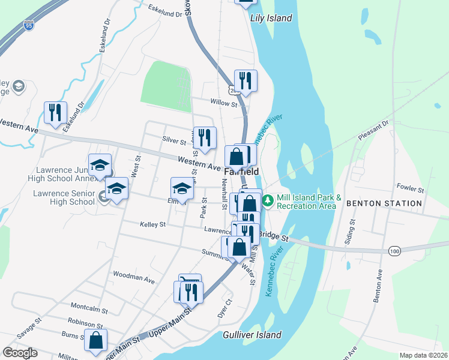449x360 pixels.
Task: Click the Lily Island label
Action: [271, 19]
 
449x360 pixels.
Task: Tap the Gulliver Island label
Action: [252, 335]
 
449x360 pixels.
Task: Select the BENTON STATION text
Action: [384, 203]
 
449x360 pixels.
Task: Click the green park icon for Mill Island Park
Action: [268, 199]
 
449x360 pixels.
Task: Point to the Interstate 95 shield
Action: [29, 25]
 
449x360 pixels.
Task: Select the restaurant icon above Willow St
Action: [246, 80]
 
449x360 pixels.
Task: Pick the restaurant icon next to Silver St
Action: [205, 137]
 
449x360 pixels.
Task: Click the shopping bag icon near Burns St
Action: [95, 340]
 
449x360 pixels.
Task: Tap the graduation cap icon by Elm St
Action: [182, 188]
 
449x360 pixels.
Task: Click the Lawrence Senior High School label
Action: [64, 198]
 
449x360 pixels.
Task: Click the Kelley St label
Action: [152, 224]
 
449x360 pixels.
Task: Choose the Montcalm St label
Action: [88, 311]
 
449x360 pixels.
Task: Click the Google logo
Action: [20, 353]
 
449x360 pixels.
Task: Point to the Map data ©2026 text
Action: [423, 355]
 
